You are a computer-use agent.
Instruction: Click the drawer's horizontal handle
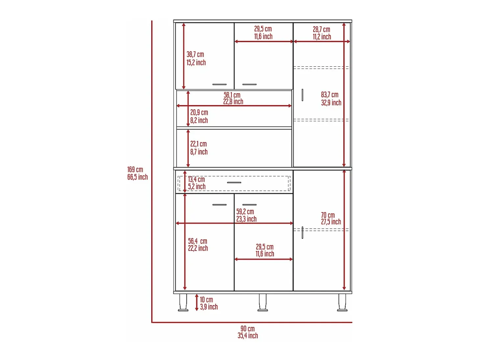234,182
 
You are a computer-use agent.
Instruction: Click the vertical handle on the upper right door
302,95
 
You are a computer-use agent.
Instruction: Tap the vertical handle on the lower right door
302,233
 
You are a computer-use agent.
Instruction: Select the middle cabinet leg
262,302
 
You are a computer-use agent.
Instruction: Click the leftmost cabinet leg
183,302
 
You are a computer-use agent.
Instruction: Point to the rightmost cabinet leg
342,302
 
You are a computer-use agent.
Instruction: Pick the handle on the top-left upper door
219,84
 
